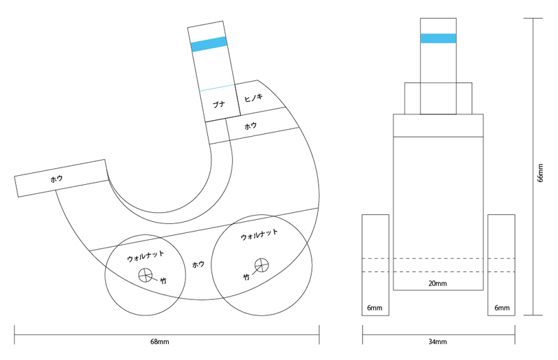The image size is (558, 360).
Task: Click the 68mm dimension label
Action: point(160,342)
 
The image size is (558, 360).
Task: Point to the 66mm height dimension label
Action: point(540,173)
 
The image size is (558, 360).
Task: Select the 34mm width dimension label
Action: point(437,342)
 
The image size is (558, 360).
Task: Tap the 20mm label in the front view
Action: point(437,284)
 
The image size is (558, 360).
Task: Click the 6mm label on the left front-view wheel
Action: point(375,308)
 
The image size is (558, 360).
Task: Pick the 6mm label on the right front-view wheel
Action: point(502,308)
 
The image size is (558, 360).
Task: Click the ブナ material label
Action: point(219,105)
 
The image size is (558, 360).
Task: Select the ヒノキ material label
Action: point(253,97)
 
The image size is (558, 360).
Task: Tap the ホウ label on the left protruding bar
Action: point(56,179)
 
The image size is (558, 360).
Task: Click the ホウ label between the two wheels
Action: point(198,264)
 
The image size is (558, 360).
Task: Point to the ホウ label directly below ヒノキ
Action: point(250,126)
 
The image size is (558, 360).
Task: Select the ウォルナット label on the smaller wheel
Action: point(146,256)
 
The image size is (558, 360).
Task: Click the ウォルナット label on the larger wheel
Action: point(259,234)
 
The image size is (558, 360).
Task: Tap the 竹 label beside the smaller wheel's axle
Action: point(163,281)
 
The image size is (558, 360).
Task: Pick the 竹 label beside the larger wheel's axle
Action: point(246,277)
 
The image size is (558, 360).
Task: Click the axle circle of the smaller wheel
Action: point(145,275)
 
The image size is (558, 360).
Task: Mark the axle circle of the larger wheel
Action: point(262,265)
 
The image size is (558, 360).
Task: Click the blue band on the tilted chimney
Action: point(209,44)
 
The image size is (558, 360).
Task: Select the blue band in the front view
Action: point(438,38)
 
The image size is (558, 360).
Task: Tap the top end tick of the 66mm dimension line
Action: point(533,19)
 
